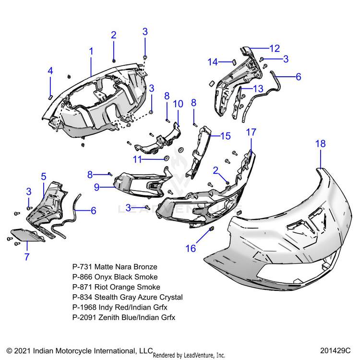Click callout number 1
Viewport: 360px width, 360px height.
(91, 51)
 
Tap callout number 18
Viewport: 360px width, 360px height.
(321, 144)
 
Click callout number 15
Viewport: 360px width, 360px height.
(226, 136)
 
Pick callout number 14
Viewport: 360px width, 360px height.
(213, 61)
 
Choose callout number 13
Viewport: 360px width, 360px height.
(258, 88)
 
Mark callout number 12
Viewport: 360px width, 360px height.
(274, 48)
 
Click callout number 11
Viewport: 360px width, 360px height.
(138, 159)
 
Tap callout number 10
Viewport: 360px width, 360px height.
(178, 104)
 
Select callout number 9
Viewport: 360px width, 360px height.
(96, 188)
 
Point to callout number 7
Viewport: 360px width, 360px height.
(27, 257)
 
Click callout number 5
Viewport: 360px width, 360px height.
(43, 176)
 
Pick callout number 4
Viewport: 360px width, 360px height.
(50, 71)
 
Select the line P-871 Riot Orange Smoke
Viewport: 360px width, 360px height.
(116, 287)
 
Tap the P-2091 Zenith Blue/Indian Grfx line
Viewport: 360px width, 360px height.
(124, 317)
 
